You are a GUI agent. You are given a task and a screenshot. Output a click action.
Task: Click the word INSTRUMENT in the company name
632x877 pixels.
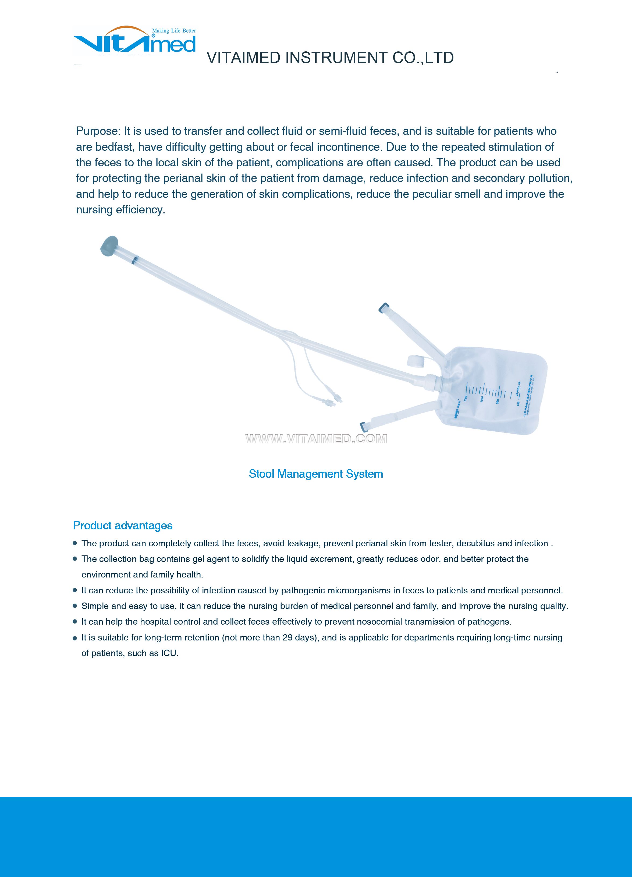pyautogui.click(x=336, y=58)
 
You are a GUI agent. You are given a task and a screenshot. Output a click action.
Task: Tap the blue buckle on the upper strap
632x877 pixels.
pyautogui.click(x=384, y=308)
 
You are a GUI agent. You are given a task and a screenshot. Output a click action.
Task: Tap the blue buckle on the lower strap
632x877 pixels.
pyautogui.click(x=364, y=427)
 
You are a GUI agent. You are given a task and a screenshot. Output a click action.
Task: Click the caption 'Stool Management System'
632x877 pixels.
pyautogui.click(x=316, y=474)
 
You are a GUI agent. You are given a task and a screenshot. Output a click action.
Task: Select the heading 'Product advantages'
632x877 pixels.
pyautogui.click(x=123, y=526)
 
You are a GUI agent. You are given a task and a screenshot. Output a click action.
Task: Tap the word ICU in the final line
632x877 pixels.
pyautogui.click(x=169, y=653)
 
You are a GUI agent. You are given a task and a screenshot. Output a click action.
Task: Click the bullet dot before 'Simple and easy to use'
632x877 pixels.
pyautogui.click(x=75, y=606)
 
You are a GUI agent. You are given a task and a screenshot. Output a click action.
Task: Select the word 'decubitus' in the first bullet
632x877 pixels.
pyautogui.click(x=475, y=543)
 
